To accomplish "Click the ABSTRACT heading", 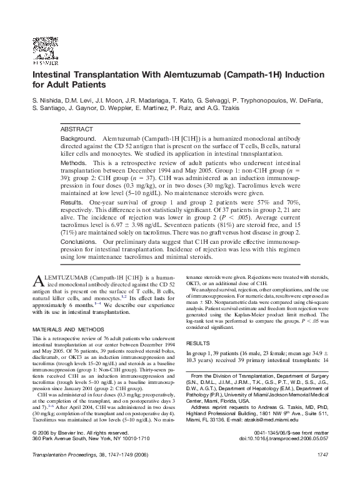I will coord(77,128).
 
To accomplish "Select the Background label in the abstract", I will coord(77,137).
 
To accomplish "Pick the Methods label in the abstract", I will coord(73,163).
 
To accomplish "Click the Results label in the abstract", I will coord(72,204).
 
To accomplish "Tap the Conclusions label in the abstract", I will coord(79,241).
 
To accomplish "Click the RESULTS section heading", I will coord(197,344).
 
